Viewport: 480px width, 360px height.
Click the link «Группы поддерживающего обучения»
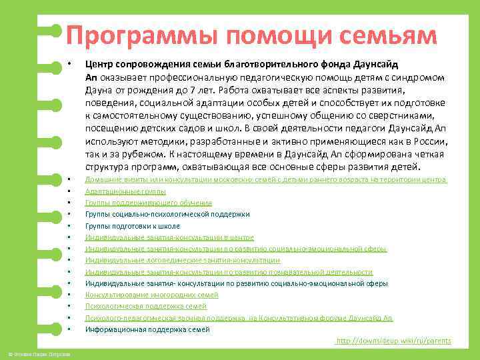pos(148,203)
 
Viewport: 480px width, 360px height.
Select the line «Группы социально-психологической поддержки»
pos(167,214)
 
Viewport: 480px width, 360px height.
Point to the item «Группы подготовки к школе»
pos(133,226)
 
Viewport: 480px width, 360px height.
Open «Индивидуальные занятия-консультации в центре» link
pos(169,237)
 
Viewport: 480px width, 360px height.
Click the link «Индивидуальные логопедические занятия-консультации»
pos(182,260)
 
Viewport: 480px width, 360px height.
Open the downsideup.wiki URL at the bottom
pos(393,341)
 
